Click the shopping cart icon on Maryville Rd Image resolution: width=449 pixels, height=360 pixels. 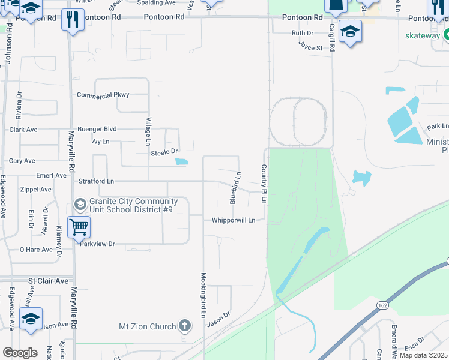(79, 227)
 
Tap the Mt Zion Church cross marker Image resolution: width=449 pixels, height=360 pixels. (185, 326)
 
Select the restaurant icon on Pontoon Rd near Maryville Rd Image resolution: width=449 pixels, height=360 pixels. (73, 19)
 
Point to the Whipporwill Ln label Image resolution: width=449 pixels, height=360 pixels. (234, 220)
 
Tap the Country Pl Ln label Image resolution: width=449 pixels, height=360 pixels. (264, 184)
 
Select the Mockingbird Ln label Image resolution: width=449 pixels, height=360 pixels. (203, 296)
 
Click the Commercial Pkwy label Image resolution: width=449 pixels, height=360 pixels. (103, 95)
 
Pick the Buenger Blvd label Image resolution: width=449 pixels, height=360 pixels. (96, 129)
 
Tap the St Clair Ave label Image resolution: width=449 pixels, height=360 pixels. (49, 281)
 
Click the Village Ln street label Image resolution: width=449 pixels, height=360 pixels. (149, 131)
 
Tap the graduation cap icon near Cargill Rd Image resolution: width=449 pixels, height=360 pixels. (350, 31)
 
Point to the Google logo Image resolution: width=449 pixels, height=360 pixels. (20, 353)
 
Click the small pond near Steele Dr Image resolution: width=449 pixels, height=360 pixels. (181, 161)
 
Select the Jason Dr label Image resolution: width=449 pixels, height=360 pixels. (218, 319)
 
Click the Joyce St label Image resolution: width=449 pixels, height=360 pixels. (310, 44)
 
